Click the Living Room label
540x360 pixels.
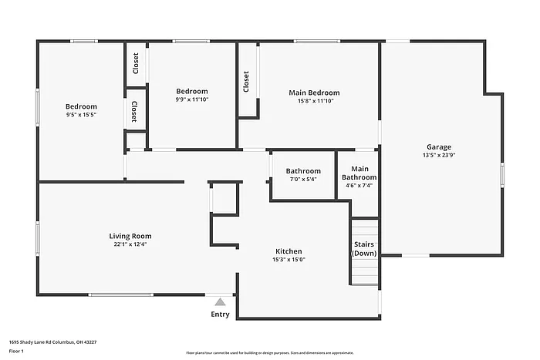click(x=130, y=236)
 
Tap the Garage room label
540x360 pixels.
click(x=439, y=146)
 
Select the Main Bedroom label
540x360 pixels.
click(x=313, y=93)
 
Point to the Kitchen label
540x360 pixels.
click(x=289, y=251)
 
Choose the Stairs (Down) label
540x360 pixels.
click(x=364, y=249)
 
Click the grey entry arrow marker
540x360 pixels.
click(x=220, y=302)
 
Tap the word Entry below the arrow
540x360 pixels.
click(x=220, y=315)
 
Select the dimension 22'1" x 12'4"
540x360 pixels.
click(x=130, y=244)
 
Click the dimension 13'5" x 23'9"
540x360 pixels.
click(x=439, y=155)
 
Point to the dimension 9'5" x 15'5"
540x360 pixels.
click(x=81, y=114)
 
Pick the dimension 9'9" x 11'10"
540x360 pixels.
click(x=191, y=99)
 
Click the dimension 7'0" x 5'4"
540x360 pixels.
click(x=303, y=179)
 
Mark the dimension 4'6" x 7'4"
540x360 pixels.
click(x=359, y=186)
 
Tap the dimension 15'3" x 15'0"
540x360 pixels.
click(x=289, y=260)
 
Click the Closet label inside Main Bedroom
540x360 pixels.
click(x=246, y=82)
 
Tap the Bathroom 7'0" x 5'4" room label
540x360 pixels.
click(x=303, y=171)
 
